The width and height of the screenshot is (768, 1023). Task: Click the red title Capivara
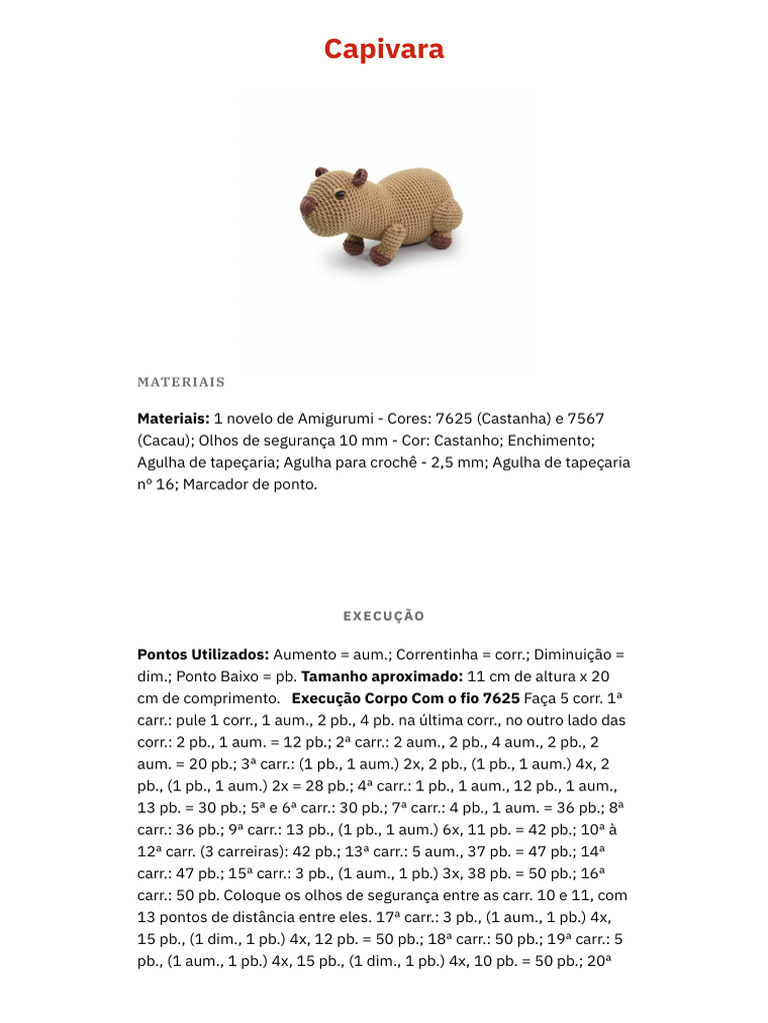(384, 49)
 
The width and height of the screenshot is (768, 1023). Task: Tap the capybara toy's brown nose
(309, 208)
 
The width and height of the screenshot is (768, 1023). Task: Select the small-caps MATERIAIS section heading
(181, 382)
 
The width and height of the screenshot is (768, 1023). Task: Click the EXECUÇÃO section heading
(384, 616)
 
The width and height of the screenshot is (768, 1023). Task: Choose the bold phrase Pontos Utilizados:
(203, 654)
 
